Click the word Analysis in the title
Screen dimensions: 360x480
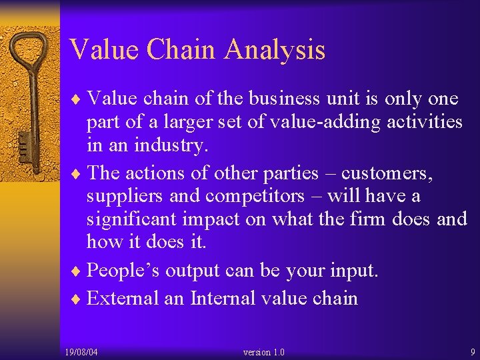pos(275,50)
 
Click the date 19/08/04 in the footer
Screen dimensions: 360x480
pos(81,351)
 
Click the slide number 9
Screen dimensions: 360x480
pos(471,351)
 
